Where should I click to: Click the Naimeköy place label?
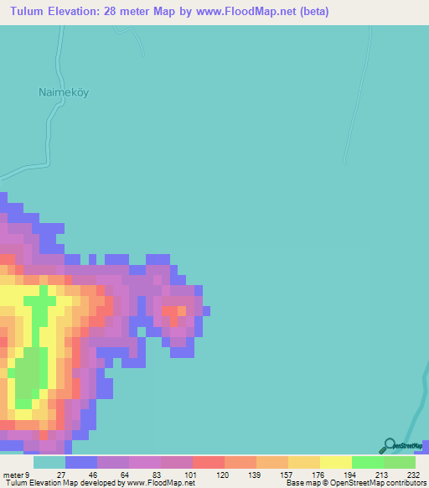point(63,92)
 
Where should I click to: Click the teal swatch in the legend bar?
point(49,462)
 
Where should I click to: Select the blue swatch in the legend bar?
point(81,462)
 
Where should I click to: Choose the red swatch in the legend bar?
point(209,462)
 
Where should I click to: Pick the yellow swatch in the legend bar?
point(336,462)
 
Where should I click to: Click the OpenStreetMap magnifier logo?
point(389,446)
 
